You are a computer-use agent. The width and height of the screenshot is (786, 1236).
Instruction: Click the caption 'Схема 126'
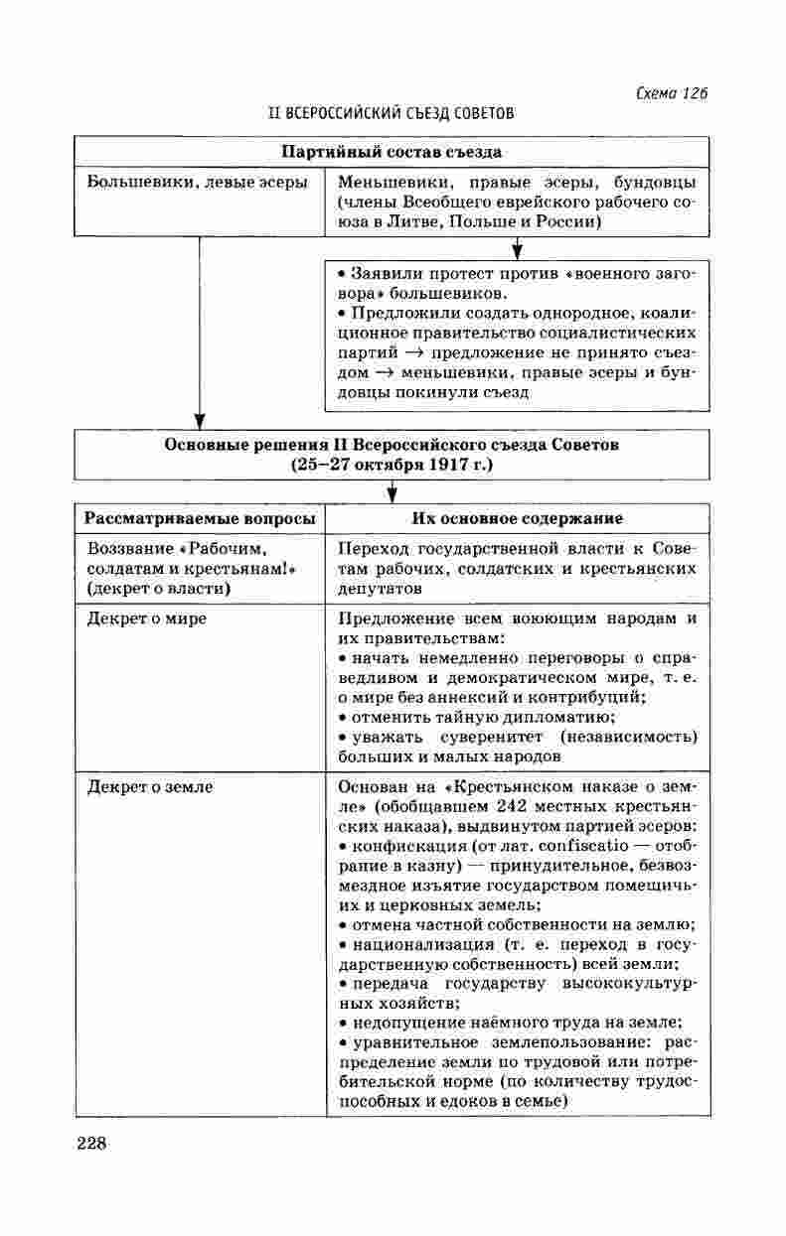coord(671,93)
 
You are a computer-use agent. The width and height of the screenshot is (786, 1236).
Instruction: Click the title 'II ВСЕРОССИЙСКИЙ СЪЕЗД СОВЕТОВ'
coord(392,113)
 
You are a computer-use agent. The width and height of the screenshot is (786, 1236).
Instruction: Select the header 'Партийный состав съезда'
coord(392,152)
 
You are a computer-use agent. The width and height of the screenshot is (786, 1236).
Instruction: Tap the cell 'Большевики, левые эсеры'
coord(197,183)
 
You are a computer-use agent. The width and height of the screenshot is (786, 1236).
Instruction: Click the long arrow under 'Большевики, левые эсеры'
coord(200,328)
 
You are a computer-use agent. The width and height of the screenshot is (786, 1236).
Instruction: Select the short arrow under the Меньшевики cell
coord(517,248)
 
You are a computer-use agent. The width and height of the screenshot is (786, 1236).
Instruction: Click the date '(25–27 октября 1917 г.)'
coord(392,464)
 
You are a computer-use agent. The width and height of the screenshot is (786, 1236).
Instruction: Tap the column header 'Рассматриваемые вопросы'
coord(200,518)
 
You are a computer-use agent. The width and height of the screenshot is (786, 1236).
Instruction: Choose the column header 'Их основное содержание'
coord(517,518)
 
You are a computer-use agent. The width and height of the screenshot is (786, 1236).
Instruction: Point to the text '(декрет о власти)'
coord(159,589)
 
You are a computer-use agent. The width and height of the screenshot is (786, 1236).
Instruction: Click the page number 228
coord(91,1143)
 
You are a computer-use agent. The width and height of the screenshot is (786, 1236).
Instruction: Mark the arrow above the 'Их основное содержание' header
coord(393,490)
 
